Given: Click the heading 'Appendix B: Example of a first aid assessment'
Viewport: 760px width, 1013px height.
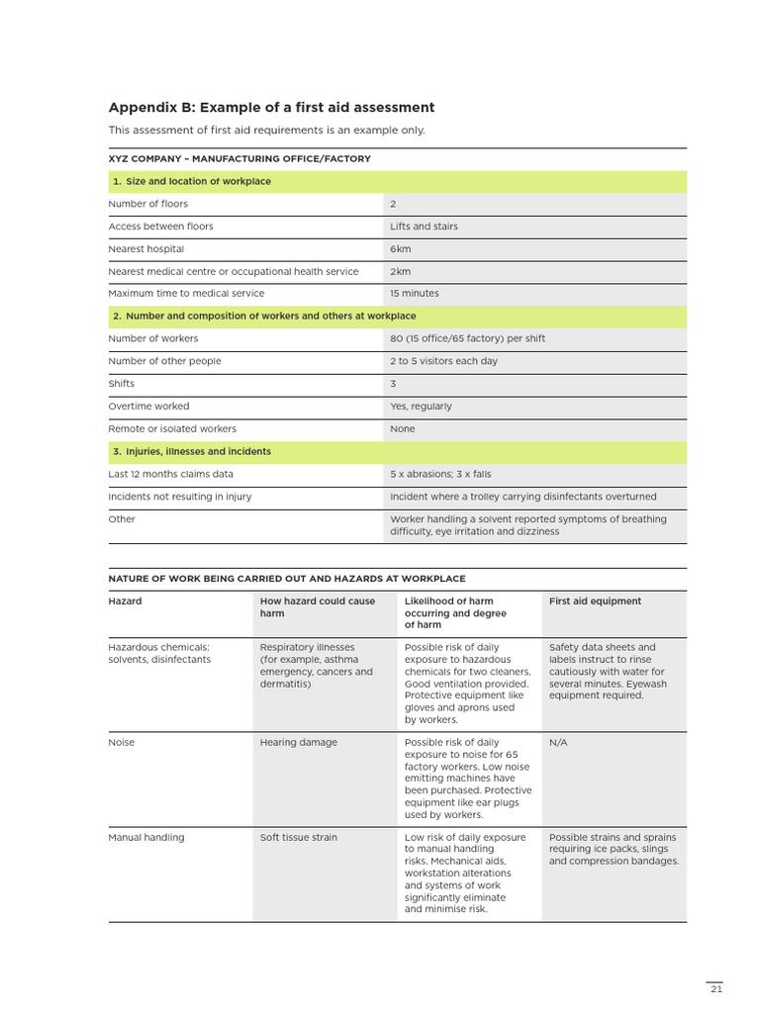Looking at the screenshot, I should point(270,107).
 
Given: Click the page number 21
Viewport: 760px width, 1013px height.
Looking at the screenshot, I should point(715,989).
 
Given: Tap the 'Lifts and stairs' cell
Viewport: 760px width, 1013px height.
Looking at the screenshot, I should point(424,227).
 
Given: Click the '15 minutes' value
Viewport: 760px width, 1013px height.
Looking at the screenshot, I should point(414,294).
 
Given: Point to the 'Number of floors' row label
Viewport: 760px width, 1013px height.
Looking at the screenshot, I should point(147,204).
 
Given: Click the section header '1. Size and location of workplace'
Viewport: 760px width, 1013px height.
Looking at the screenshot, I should point(191,181).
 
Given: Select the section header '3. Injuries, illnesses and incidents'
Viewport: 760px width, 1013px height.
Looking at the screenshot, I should point(191,451).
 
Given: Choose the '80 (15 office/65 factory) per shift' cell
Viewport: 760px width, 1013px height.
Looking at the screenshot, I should point(467,338).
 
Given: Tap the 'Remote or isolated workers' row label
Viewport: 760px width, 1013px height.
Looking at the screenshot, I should point(172,429).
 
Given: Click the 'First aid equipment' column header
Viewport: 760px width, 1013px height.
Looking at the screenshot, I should point(595,601).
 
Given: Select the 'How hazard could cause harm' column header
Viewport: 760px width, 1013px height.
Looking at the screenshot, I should point(317,607).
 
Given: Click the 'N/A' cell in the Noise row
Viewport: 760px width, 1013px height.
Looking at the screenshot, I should point(558,743).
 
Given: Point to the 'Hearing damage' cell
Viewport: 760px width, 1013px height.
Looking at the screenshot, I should point(298,743).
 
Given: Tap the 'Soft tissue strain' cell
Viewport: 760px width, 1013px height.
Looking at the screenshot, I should point(298,838).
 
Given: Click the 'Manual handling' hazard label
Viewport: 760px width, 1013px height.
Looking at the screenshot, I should point(145,838).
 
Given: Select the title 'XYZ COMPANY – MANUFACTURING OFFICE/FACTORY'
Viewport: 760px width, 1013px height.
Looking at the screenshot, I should point(239,158).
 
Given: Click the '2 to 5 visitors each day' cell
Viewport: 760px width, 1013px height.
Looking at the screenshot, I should point(443,361).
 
